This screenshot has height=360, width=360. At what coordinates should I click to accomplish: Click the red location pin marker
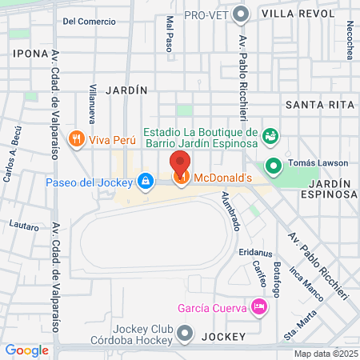[x=181, y=162]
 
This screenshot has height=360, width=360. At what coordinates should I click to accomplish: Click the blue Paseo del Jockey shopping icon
[x=144, y=182]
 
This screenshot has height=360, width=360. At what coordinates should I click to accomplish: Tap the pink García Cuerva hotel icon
[x=258, y=306]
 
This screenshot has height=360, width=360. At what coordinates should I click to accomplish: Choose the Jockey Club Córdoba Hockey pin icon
[x=186, y=332]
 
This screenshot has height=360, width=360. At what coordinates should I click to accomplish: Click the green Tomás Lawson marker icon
[x=274, y=166]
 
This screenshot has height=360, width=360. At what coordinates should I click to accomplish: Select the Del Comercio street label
[x=89, y=21]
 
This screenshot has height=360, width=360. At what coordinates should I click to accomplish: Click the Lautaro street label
[x=24, y=226]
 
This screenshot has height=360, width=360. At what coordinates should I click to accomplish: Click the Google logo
[x=26, y=350]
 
